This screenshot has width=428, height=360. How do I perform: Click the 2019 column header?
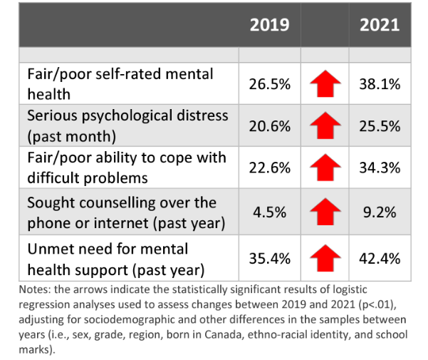coord(269,25)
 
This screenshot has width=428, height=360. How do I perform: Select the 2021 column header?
coord(380,25)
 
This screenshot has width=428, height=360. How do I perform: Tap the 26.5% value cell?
coord(269,84)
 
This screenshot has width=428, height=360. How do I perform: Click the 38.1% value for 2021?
coord(380,84)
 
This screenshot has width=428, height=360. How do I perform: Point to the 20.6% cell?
coord(269,125)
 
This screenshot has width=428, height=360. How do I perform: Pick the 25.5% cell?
coord(380,125)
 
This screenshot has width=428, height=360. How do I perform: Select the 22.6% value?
coord(269,168)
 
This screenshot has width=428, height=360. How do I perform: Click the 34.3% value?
coord(380,168)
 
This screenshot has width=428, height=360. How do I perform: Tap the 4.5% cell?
coord(269,211)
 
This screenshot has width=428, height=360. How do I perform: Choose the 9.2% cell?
coord(380,211)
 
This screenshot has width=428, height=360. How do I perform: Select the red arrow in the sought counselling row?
coord(325,212)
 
